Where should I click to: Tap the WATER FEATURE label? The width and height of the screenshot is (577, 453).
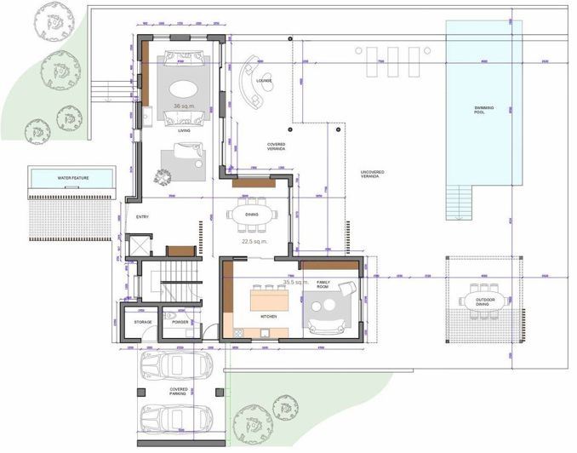[73, 178]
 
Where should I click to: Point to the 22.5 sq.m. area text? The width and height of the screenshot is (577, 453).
[254, 241]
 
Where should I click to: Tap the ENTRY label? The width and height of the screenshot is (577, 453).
[142, 217]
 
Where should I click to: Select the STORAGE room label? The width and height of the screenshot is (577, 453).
[141, 322]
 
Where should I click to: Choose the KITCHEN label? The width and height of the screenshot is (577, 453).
[267, 316]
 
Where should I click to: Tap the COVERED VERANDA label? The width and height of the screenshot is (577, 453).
[275, 146]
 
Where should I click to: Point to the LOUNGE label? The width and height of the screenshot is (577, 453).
[263, 83]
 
